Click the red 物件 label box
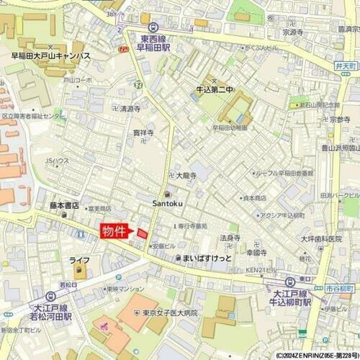coord(114,231)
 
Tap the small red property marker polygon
coord(142,233)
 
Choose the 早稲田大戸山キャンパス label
coord(50,55)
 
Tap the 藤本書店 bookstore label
coord(64,205)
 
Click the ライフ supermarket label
coord(79,260)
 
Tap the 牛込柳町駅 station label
coord(291,298)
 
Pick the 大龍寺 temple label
coord(187,175)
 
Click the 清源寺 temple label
coord(130,109)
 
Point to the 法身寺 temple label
coord(230,238)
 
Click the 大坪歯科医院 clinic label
coord(320,238)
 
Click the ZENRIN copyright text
coord(306,355)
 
